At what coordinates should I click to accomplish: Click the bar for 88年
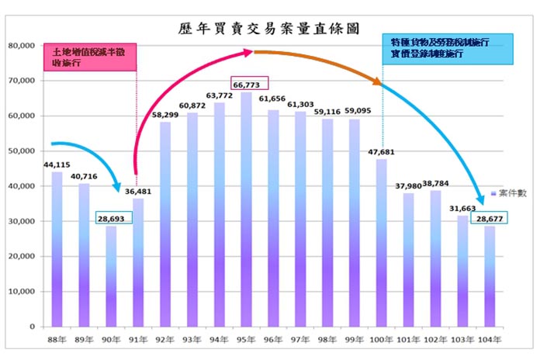(57, 248)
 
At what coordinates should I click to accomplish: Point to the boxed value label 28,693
(111, 220)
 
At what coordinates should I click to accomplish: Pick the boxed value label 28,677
(488, 220)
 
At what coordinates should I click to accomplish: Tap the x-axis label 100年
(380, 338)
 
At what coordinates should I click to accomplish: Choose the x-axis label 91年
(138, 338)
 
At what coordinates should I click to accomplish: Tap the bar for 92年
(164, 225)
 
